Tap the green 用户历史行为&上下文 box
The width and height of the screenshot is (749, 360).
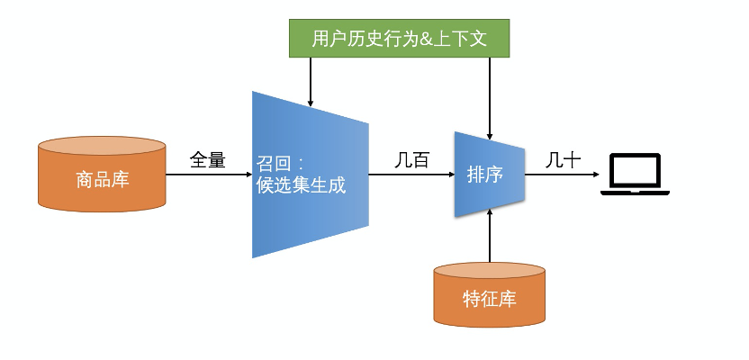(x=399, y=39)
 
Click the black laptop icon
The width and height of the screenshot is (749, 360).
(x=636, y=175)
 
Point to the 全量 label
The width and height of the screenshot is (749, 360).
(x=207, y=160)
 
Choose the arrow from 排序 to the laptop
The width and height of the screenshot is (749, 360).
(x=563, y=175)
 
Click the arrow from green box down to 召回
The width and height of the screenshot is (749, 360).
(x=310, y=81)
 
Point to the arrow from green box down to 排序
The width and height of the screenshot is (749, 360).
(x=489, y=94)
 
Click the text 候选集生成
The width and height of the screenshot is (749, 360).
(x=301, y=185)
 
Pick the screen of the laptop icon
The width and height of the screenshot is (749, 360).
(x=636, y=170)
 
